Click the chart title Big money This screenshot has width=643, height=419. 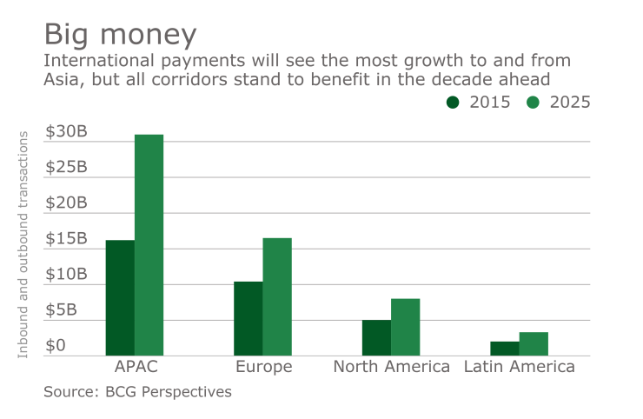pyautogui.click(x=120, y=35)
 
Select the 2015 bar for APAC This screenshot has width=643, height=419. pyautogui.click(x=120, y=297)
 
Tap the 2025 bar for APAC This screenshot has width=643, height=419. pyautogui.click(x=149, y=245)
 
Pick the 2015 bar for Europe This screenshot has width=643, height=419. pyautogui.click(x=249, y=318)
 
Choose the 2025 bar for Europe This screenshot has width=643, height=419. pyautogui.click(x=277, y=296)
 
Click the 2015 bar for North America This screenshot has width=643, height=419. pyautogui.click(x=376, y=337)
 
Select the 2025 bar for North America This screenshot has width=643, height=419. pyautogui.click(x=405, y=327)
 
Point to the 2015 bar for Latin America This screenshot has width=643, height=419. pyautogui.click(x=505, y=348)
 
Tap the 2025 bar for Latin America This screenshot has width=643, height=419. pyautogui.click(x=534, y=343)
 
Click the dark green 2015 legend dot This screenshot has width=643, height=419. pyautogui.click(x=454, y=102)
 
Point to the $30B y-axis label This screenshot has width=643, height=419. pyautogui.click(x=66, y=131)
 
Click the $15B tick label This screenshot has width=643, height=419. pyautogui.click(x=66, y=238)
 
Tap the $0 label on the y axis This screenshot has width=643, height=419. pyautogui.click(x=56, y=345)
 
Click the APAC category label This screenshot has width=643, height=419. pyautogui.click(x=136, y=367)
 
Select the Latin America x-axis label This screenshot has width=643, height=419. pyautogui.click(x=520, y=367)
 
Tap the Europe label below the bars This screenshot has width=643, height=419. pyautogui.click(x=263, y=367)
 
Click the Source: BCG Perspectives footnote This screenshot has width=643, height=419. pyautogui.click(x=137, y=392)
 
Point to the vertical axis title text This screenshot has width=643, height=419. pyautogui.click(x=23, y=243)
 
